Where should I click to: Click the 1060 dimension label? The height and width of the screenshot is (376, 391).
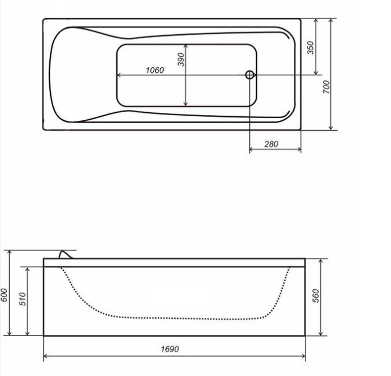point(155,71)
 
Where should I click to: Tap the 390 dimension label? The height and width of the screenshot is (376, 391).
point(181,60)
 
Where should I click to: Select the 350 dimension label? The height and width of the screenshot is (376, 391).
point(311,47)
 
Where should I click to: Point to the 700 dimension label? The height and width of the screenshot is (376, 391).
point(326,87)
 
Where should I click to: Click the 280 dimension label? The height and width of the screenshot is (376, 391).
point(271,144)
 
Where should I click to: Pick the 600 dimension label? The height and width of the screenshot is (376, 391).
point(4,295)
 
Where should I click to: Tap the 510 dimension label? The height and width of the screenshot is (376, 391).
point(23,299)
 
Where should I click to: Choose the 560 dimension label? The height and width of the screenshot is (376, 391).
point(315,296)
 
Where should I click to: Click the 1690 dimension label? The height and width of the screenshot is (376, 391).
point(170,349)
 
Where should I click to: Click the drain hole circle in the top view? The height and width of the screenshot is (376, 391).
point(250,75)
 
